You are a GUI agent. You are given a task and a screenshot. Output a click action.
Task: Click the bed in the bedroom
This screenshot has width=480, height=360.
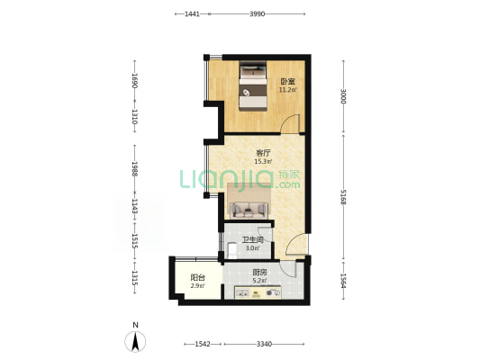pyautogui.click(x=252, y=86)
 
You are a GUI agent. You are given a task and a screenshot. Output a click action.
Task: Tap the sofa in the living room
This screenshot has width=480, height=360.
pyautogui.click(x=249, y=210)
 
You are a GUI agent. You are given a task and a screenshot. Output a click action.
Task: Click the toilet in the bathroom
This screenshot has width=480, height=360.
pyautogui.click(x=232, y=250)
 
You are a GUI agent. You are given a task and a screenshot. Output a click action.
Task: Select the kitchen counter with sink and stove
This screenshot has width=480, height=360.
pyautogui.click(x=258, y=292)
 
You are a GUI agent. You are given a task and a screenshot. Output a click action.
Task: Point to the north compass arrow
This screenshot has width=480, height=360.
pyautogui.click(x=135, y=341)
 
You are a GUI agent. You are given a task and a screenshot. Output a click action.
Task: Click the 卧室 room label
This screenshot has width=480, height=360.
pyautogui.click(x=288, y=82)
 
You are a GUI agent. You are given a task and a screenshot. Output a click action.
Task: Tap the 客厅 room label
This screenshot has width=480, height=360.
pyautogui.click(x=263, y=153)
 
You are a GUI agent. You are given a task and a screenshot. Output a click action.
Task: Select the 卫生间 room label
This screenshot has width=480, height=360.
pyautogui.click(x=252, y=240)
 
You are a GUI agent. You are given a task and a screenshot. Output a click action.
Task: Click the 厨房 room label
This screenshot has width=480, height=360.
pyautogui.click(x=259, y=272)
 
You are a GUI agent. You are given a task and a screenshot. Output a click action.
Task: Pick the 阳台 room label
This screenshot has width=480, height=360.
pyautogui.click(x=198, y=278)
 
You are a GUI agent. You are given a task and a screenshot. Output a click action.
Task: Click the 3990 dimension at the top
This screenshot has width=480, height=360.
pyautogui.click(x=258, y=14)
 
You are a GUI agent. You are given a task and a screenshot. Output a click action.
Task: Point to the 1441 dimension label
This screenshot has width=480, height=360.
pyautogui.click(x=192, y=14)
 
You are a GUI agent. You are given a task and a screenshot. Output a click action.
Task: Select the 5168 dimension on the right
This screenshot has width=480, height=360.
pyautogui.click(x=343, y=197)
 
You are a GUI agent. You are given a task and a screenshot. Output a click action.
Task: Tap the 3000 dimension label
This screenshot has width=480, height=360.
pyautogui.click(x=343, y=96)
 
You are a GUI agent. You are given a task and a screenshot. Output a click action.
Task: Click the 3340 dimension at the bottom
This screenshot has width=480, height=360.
pyautogui.click(x=264, y=345)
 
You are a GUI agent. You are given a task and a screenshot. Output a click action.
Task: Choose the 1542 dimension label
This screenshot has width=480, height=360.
pyautogui.click(x=203, y=345)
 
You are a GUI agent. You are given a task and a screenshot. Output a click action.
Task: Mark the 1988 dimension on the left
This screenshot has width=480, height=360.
pyautogui.click(x=134, y=169)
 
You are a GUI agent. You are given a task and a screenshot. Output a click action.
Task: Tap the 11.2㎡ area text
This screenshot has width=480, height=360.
pyautogui.click(x=288, y=90)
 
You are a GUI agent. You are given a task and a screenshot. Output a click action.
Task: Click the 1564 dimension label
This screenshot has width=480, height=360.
pyautogui.click(x=343, y=281)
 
